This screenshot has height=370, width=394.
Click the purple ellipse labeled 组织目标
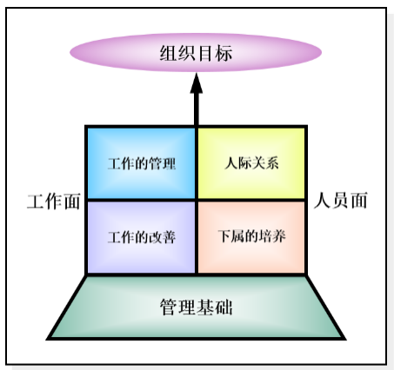[x=196, y=52]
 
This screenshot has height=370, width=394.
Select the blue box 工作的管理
[x=141, y=163]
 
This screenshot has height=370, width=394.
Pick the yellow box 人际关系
[x=251, y=163]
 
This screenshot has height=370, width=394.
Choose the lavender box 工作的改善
[x=141, y=237]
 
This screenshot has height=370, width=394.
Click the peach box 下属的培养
[x=251, y=237]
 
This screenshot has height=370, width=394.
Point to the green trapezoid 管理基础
[x=196, y=307]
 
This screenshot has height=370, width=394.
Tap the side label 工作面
[x=54, y=202]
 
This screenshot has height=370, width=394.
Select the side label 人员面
[x=341, y=201]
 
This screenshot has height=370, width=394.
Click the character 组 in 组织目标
[x=169, y=53]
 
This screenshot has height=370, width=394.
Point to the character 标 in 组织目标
[x=224, y=53]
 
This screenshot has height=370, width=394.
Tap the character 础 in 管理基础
[x=224, y=307]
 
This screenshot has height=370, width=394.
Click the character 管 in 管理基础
[x=169, y=307]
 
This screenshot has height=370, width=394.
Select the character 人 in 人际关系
[x=231, y=163]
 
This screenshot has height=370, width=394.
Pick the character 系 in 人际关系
[x=272, y=163]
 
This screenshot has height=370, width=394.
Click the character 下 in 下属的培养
[x=224, y=236]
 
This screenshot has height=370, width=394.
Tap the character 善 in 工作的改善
[x=169, y=237]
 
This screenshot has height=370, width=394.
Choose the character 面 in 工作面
[x=72, y=202]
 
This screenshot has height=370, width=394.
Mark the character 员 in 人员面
[x=341, y=201]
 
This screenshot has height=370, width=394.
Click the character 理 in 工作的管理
[x=169, y=164]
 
